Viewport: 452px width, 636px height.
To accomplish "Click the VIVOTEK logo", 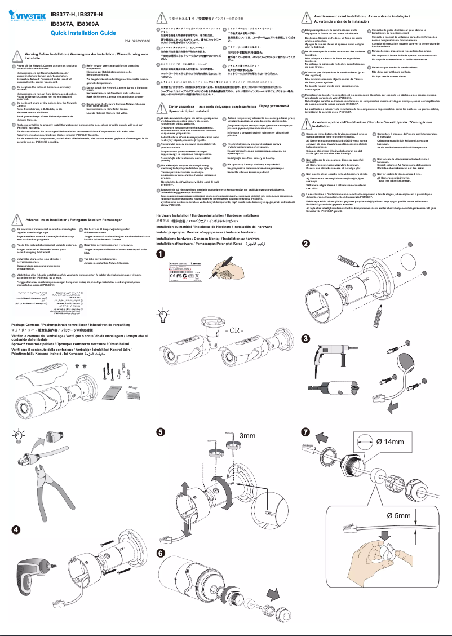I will [x=24, y=12].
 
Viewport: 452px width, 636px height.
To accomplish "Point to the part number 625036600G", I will [x=138, y=41].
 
